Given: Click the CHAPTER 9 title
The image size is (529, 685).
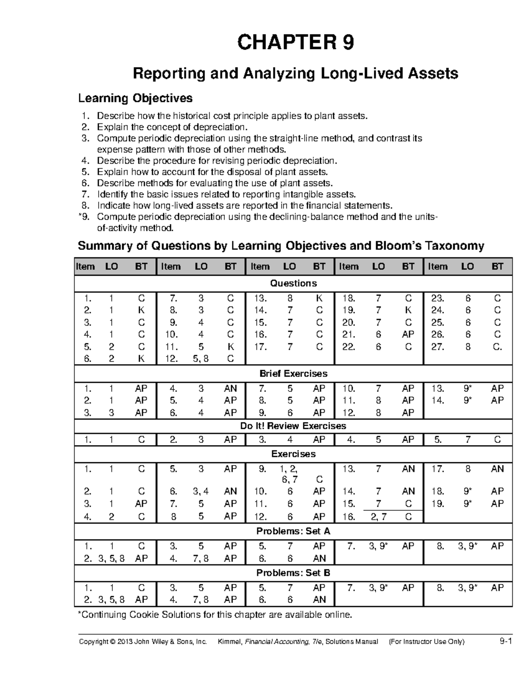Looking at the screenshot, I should point(295,43).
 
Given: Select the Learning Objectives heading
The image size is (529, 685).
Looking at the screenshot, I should point(135,98).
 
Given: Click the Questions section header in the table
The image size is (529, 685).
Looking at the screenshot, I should point(293,283).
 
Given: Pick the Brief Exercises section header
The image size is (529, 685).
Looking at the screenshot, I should point(293,374).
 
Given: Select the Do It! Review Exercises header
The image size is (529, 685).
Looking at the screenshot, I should point(293,426).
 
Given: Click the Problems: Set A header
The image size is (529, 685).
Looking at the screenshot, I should point(293,532).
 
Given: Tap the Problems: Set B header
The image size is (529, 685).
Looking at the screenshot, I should point(293,573).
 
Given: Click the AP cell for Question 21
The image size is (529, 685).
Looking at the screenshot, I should point(408,335).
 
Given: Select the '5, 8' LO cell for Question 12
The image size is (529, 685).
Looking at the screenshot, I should point(201,359).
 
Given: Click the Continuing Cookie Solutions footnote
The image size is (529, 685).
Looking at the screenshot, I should point(215,615).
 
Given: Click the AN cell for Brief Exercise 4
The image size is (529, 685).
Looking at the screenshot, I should point(230,389).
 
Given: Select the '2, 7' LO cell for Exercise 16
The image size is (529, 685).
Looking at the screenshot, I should point(378,517).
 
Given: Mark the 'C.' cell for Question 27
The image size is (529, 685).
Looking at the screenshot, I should point(497,347).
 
